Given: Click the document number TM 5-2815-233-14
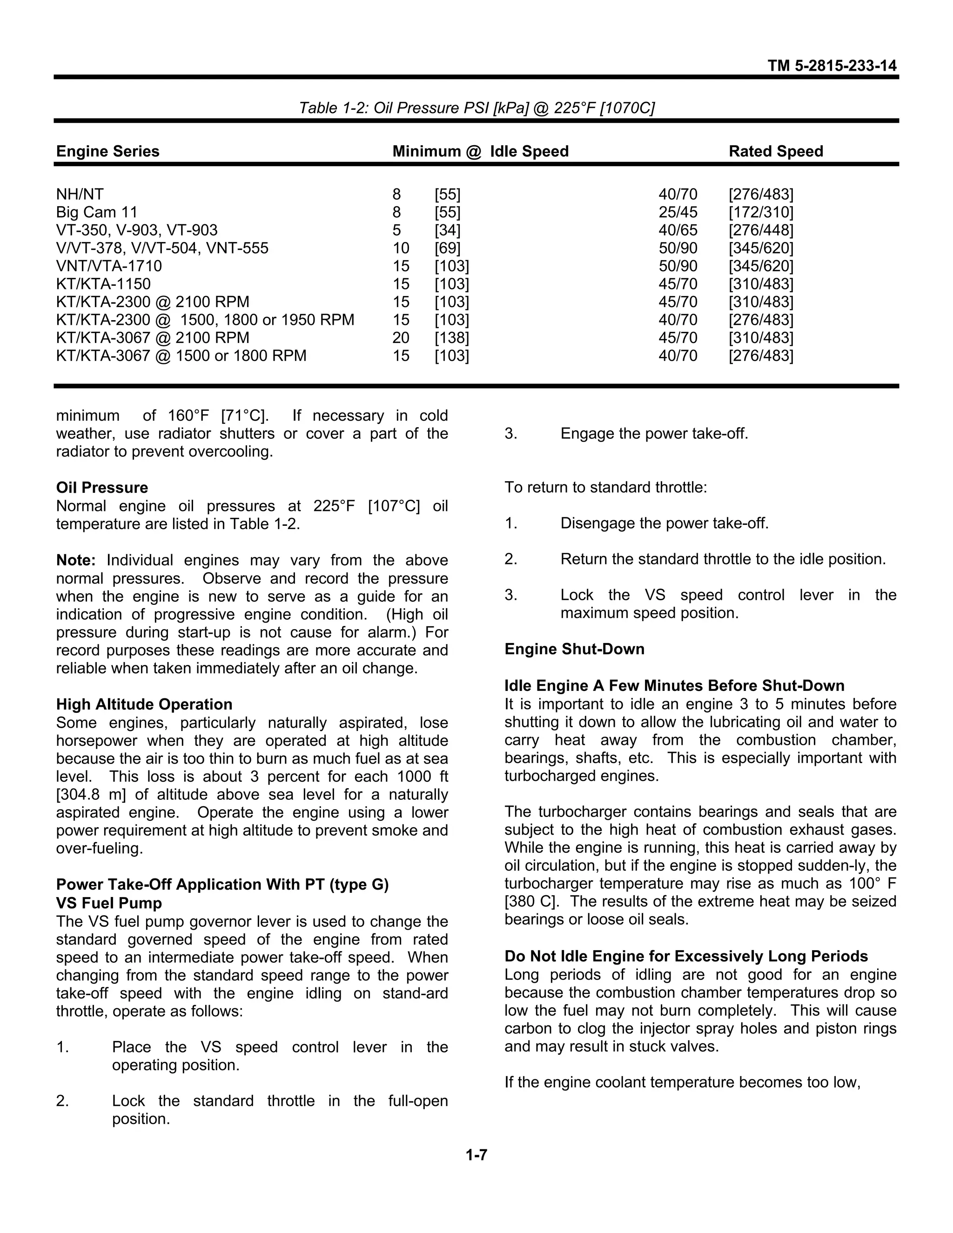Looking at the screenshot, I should click(832, 66).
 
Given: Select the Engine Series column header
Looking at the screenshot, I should click(108, 151).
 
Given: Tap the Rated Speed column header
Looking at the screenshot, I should click(775, 151).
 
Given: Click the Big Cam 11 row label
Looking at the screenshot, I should click(96, 212).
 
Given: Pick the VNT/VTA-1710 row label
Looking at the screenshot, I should click(109, 266).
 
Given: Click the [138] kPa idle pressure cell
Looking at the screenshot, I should click(452, 338).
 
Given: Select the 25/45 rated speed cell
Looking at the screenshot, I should click(678, 212).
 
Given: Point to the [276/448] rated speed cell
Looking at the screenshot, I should click(760, 230).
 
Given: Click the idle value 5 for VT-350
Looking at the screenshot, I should click(397, 230).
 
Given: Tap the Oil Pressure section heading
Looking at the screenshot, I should click(102, 488).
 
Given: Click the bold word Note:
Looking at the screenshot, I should click(76, 561).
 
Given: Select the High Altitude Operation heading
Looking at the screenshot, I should click(144, 704).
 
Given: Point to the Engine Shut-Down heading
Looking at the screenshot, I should click(574, 649).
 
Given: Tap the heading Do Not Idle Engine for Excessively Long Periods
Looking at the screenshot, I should click(686, 956).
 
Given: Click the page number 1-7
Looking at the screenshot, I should click(476, 1155).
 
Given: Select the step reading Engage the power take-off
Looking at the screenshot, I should click(654, 434).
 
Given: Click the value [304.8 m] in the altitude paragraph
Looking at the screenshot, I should click(90, 795).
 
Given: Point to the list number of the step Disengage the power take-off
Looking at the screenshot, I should click(511, 523).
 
